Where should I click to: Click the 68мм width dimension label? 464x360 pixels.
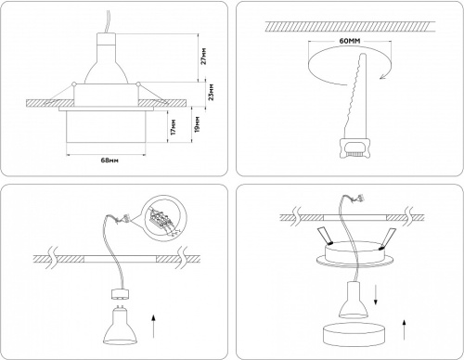coord(109,161)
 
